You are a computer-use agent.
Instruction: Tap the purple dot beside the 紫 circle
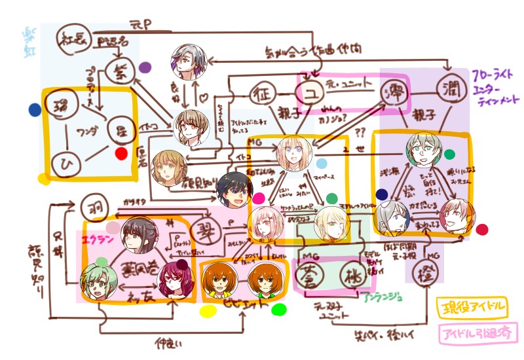pos(145,67)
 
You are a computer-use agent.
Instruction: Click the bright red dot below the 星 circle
pos(121,154)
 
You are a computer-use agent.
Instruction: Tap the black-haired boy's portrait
pos(234,189)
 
